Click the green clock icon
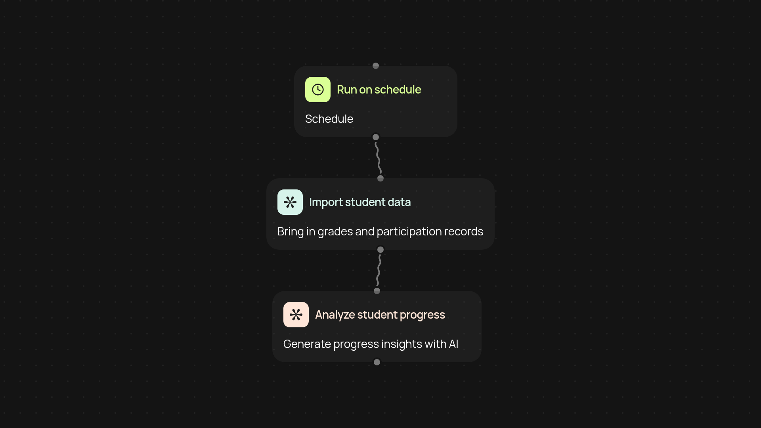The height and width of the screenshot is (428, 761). pyautogui.click(x=317, y=90)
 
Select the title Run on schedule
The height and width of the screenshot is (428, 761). pyautogui.click(x=379, y=90)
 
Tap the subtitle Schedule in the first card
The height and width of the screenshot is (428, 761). pyautogui.click(x=329, y=119)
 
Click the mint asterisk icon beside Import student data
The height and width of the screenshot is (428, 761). pyautogui.click(x=290, y=202)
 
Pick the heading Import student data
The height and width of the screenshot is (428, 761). pyautogui.click(x=359, y=202)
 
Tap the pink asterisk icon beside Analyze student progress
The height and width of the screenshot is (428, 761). pyautogui.click(x=296, y=315)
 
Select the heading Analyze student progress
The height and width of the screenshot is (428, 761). pyautogui.click(x=380, y=315)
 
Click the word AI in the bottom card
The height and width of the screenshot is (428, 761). pyautogui.click(x=453, y=344)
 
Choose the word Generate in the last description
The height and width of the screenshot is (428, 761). pyautogui.click(x=307, y=344)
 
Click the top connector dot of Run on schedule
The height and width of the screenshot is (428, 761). pyautogui.click(x=376, y=66)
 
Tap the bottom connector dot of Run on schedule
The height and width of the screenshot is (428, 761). pyautogui.click(x=376, y=137)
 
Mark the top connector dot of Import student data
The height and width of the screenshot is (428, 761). pyautogui.click(x=380, y=178)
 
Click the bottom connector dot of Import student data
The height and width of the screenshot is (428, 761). pyautogui.click(x=380, y=250)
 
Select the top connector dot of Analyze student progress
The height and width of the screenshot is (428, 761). pyautogui.click(x=377, y=291)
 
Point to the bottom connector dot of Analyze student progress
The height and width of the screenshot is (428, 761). pyautogui.click(x=377, y=362)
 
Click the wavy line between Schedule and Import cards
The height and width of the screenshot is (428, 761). pyautogui.click(x=378, y=158)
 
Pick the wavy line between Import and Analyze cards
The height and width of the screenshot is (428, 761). pyautogui.click(x=379, y=270)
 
